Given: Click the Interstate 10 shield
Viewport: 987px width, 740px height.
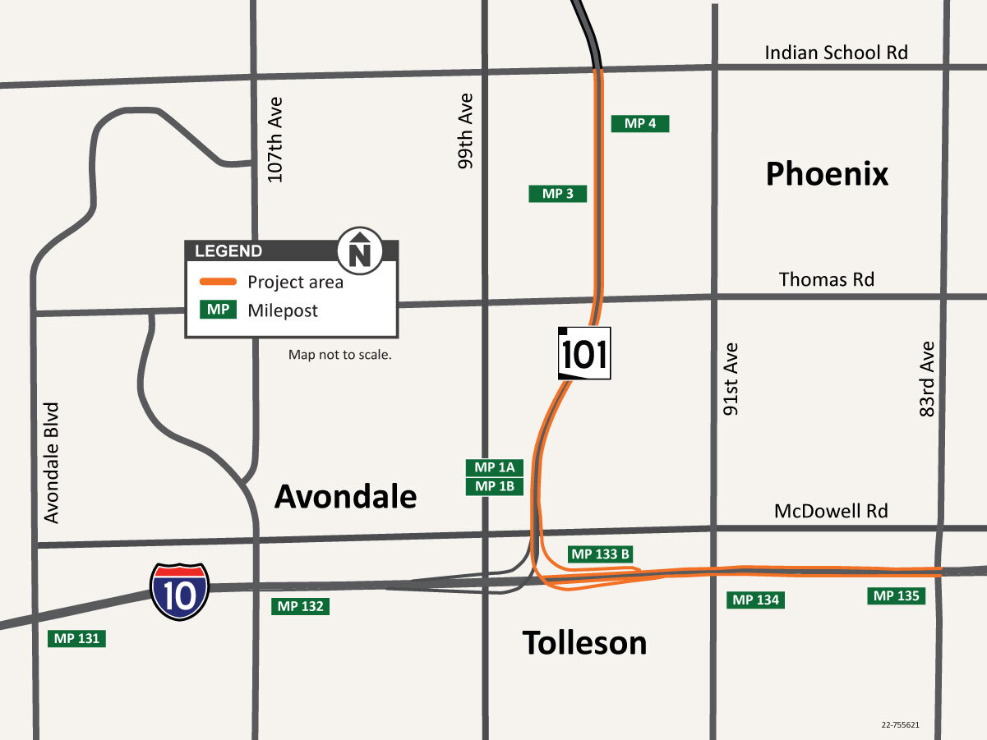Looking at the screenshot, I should pyautogui.click(x=179, y=591).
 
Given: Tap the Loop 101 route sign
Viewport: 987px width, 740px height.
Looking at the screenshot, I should pyautogui.click(x=584, y=353).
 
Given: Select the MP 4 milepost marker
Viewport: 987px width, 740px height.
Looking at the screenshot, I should pyautogui.click(x=640, y=124).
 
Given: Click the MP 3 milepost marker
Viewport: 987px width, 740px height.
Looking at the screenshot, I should pyautogui.click(x=558, y=194).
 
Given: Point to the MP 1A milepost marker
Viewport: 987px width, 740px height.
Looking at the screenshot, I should pyautogui.click(x=495, y=467).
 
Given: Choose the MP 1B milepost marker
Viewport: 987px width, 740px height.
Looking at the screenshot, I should pyautogui.click(x=495, y=486).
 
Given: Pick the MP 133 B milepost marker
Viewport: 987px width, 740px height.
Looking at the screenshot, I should pyautogui.click(x=600, y=554).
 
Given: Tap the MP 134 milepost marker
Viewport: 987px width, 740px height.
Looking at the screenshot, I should pyautogui.click(x=755, y=600).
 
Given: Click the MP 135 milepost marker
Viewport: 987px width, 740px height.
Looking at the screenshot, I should pyautogui.click(x=896, y=596).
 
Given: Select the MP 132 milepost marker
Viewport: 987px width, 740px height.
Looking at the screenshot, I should pyautogui.click(x=300, y=607).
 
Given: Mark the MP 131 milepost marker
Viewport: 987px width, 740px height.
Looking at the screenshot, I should pyautogui.click(x=77, y=638).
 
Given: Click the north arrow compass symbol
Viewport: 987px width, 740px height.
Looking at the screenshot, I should pyautogui.click(x=360, y=249).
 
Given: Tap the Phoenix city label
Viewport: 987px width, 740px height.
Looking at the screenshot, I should pyautogui.click(x=827, y=174).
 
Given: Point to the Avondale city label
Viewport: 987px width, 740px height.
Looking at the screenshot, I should pyautogui.click(x=345, y=496).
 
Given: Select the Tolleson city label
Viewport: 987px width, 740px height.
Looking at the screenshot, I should pyautogui.click(x=584, y=642).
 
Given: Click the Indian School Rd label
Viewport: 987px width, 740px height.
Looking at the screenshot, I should pyautogui.click(x=836, y=53).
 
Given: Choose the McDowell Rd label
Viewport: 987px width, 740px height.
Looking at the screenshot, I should pyautogui.click(x=831, y=511).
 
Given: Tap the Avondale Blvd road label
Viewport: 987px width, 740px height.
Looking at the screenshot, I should pyautogui.click(x=53, y=462).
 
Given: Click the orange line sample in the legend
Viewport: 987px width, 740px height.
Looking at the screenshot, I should pyautogui.click(x=219, y=282).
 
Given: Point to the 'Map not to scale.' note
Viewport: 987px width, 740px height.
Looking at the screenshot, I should pyautogui.click(x=339, y=355).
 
